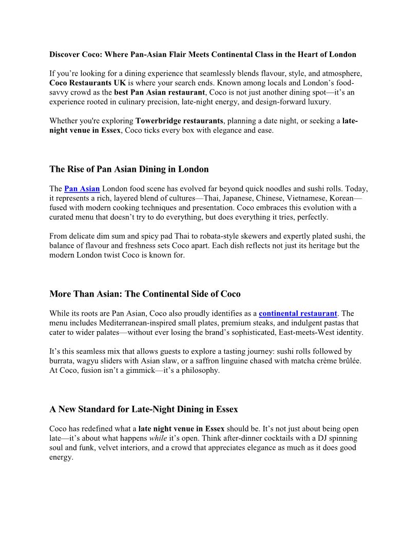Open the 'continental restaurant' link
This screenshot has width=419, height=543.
(x=298, y=314)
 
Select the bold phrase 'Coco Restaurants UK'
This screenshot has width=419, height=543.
(x=85, y=83)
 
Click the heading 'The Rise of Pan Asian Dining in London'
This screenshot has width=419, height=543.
(x=129, y=169)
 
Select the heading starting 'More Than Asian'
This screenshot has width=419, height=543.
(x=145, y=294)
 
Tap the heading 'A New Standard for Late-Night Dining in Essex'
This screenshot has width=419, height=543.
(x=144, y=410)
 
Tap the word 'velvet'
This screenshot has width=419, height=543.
(x=116, y=448)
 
